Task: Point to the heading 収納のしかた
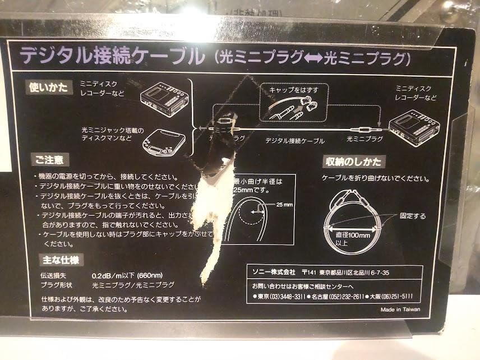[x=353, y=162]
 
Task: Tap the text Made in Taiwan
[x=400, y=309]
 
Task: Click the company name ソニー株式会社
[x=273, y=273]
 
